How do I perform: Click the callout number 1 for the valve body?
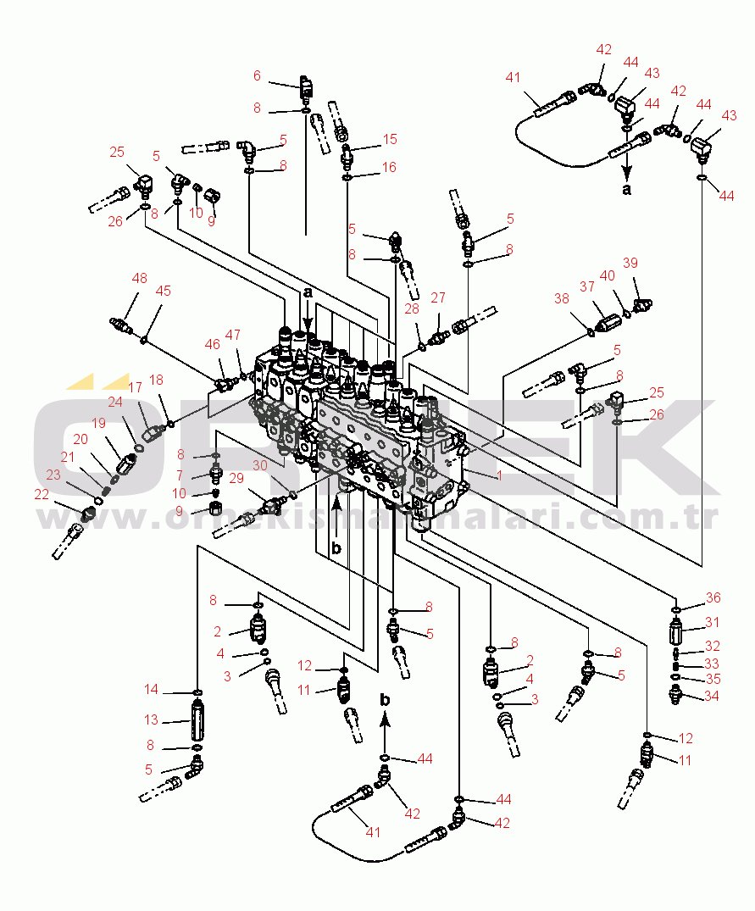[499, 475]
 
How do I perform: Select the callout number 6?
[257, 75]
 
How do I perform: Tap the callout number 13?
[151, 719]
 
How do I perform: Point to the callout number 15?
[389, 139]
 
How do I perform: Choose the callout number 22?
[42, 494]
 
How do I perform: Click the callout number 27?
[437, 298]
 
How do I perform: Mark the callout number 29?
[236, 479]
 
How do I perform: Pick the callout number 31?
[713, 622]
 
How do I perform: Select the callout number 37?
[587, 287]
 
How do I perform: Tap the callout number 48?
[140, 278]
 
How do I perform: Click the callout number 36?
[713, 597]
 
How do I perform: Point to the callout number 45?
[163, 291]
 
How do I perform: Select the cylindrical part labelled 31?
[676, 632]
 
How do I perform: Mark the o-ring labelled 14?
[197, 693]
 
